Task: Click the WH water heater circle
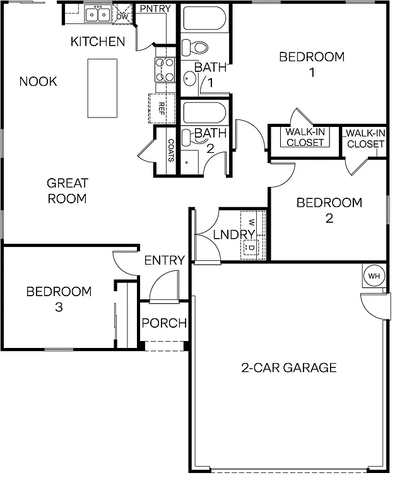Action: click(374, 275)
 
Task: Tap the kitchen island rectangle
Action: click(102, 88)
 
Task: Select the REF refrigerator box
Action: click(161, 107)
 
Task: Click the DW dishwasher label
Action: click(122, 16)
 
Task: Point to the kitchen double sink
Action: click(97, 14)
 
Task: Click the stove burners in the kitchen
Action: click(165, 70)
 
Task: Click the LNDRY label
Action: click(232, 235)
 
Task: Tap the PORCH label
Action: click(164, 323)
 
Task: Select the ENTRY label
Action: click(164, 260)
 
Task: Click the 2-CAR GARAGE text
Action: click(289, 368)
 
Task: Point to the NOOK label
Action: click(38, 81)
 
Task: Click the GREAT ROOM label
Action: click(68, 191)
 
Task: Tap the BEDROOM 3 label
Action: click(59, 299)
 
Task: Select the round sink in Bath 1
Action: click(190, 78)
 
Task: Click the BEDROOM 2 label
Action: click(329, 210)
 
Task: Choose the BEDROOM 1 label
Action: click(312, 64)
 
